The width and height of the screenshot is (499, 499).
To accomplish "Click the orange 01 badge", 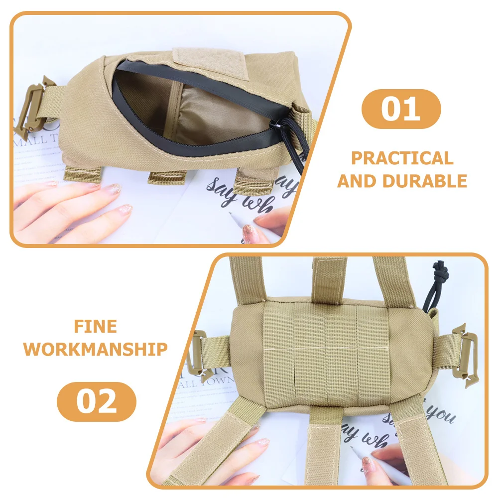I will [401, 109].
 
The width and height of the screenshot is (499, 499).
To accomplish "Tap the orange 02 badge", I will [97, 402].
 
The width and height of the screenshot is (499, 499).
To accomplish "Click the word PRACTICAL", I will [402, 158].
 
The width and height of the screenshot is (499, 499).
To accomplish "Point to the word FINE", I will [96, 327].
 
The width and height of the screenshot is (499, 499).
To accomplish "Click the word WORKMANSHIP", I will [96, 349].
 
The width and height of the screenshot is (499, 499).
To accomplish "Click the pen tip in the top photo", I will [231, 215].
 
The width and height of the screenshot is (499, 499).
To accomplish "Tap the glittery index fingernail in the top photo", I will [115, 189].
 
